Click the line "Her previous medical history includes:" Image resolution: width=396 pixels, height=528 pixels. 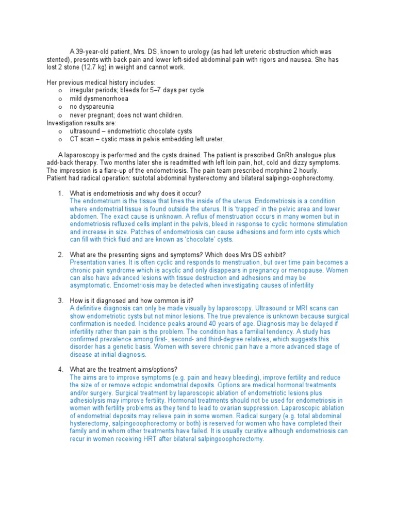101,82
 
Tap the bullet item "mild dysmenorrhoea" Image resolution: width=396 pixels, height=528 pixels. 99,98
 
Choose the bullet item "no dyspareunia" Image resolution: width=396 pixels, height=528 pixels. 92,107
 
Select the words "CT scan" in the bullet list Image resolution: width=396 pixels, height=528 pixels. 82,139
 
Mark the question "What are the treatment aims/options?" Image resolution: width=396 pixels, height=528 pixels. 124,369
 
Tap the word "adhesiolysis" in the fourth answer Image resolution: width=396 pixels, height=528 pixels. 89,392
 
